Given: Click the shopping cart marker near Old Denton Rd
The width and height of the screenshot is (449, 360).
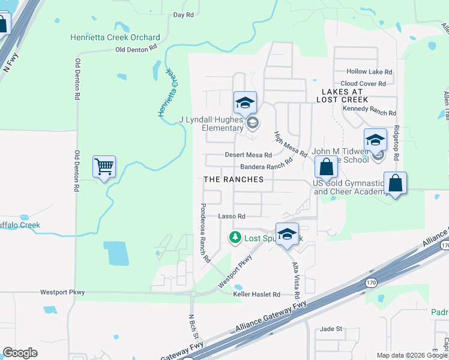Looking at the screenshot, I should pos(104,166).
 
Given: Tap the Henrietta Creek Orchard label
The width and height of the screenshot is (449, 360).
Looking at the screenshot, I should pos(114,37).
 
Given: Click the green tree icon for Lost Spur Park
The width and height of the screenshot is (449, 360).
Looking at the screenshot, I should pos(235,238).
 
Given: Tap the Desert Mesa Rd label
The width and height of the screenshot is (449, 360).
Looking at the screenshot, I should pos(248,155).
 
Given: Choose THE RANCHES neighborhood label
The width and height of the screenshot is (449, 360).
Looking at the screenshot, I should pos(234,179).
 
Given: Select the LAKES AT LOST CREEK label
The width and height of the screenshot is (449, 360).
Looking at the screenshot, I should pos(343,94).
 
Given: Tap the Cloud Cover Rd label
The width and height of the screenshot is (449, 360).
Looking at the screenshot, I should pos(363,84).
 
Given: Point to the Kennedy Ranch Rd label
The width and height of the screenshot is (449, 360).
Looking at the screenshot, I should pos(369,112).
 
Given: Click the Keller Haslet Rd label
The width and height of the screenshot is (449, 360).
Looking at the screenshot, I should pos(256,295).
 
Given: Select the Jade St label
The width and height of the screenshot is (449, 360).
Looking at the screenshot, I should pos(331,329).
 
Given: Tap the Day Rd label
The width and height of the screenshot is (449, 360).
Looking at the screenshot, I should pos(183,14).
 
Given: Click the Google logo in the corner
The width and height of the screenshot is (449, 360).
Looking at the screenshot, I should pos(20,353).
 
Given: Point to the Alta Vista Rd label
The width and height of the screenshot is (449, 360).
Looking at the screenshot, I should pos(295,280).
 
